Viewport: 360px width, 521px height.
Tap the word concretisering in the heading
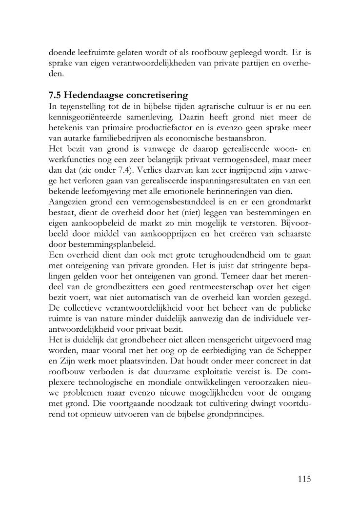157,94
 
